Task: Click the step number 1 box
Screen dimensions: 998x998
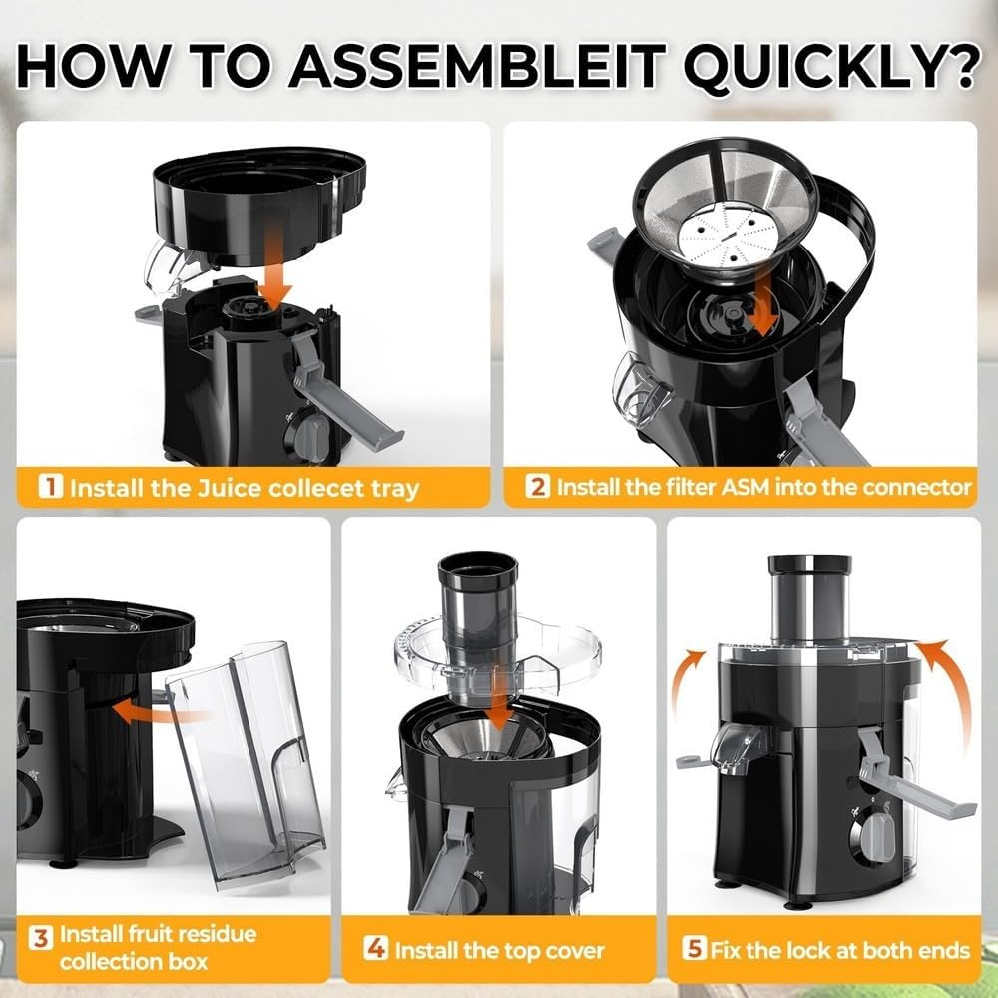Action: click(x=50, y=488)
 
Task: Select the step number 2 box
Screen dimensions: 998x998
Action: click(x=539, y=487)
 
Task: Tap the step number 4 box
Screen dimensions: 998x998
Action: click(x=376, y=949)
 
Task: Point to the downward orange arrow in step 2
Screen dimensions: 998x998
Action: click(x=764, y=304)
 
